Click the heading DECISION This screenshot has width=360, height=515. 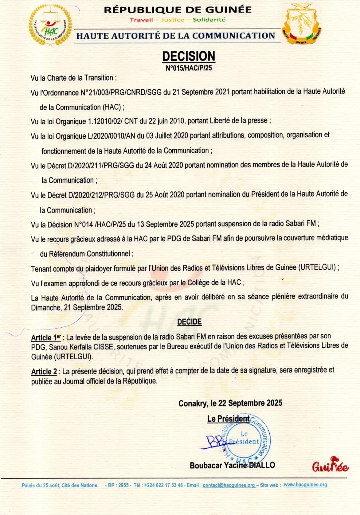[x=189, y=57]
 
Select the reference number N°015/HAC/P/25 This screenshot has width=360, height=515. [x=189, y=68]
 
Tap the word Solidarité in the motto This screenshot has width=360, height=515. [x=209, y=20]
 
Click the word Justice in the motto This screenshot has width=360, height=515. [x=173, y=20]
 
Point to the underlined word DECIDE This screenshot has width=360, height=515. [x=189, y=322]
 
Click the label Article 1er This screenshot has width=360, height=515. [x=46, y=338]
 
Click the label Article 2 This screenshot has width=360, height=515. [x=44, y=372]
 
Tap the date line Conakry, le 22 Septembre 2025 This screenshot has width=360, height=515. [x=230, y=403]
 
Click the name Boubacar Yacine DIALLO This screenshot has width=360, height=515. [x=232, y=465]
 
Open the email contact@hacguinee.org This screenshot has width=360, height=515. [x=229, y=485]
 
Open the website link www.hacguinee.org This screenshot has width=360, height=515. [x=305, y=485]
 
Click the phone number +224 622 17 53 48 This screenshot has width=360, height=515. [x=163, y=485]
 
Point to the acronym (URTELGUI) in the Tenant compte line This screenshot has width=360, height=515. [x=317, y=267]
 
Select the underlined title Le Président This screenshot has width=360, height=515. [x=228, y=419]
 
